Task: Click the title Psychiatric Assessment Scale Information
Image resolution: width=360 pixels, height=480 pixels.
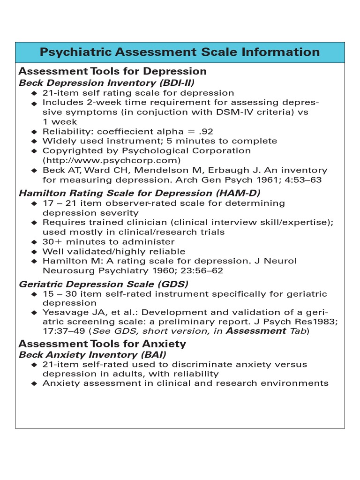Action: tap(180, 52)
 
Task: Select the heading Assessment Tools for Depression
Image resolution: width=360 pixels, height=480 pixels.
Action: tap(112, 71)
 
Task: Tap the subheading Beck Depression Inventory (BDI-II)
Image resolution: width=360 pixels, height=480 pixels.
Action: tap(99, 83)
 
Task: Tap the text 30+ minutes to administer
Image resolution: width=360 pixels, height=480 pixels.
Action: tap(108, 242)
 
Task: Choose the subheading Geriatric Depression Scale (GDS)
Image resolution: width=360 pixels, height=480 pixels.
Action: tap(103, 284)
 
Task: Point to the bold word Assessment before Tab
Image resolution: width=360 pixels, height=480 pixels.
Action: tap(256, 331)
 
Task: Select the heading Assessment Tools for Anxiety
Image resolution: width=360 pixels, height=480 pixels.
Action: tap(102, 344)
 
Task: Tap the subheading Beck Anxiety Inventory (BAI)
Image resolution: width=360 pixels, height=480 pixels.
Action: tap(92, 355)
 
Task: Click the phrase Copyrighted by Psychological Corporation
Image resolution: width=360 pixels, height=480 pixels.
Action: tap(147, 150)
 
